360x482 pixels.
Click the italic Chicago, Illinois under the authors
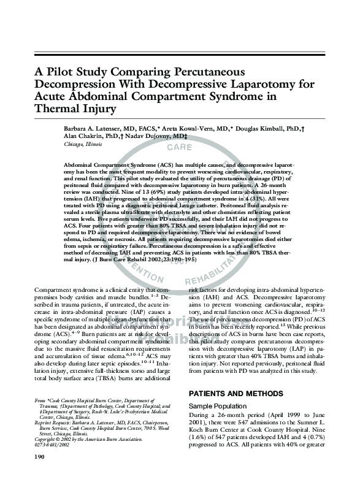pos(83,144)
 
